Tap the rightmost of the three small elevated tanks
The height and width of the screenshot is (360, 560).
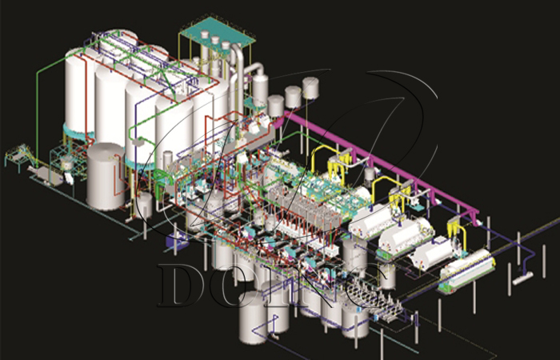313,90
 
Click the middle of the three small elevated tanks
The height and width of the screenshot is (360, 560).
294,97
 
